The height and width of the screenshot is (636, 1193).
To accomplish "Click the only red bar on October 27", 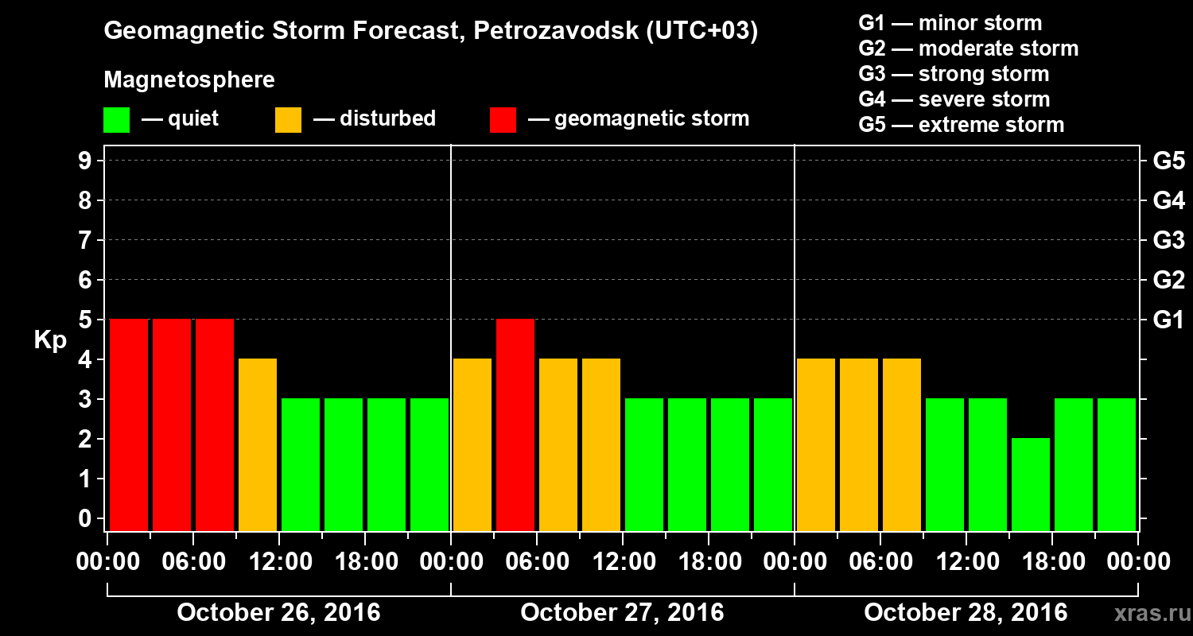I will click(515, 425).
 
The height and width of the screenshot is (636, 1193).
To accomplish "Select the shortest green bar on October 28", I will click(1031, 484).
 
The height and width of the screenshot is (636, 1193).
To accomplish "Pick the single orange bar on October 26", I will click(258, 444).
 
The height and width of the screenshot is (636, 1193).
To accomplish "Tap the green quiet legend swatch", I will click(116, 120).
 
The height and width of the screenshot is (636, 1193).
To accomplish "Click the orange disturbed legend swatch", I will click(288, 120).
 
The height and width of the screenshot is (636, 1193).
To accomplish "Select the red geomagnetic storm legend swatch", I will click(503, 120).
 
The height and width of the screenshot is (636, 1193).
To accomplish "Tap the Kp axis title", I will click(49, 339).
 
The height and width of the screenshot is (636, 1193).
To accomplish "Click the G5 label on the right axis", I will click(1168, 161).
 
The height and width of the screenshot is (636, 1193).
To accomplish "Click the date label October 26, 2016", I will click(278, 613).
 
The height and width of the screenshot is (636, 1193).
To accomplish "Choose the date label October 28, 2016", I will click(966, 613).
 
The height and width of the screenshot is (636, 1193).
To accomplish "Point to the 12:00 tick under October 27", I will click(623, 562).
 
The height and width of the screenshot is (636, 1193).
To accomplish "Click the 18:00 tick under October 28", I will click(1052, 562).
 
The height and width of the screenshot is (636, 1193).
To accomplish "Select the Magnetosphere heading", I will click(189, 80).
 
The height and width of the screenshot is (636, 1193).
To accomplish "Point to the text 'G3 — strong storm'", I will click(954, 74).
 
